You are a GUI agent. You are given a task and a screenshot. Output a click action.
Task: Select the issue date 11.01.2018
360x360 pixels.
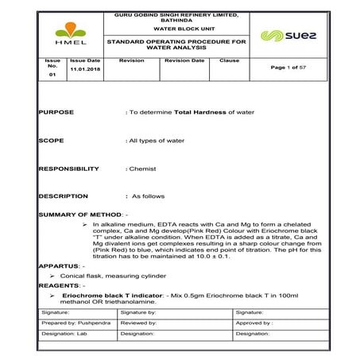[x=85, y=69]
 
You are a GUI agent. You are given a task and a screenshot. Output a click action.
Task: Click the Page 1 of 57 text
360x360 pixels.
[x=289, y=68]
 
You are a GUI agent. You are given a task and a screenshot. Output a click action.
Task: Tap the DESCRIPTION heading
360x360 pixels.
[x=63, y=195]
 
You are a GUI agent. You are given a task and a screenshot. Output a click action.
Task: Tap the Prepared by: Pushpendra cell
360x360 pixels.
[x=76, y=323]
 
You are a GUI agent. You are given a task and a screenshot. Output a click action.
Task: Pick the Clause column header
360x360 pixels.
[x=229, y=60]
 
